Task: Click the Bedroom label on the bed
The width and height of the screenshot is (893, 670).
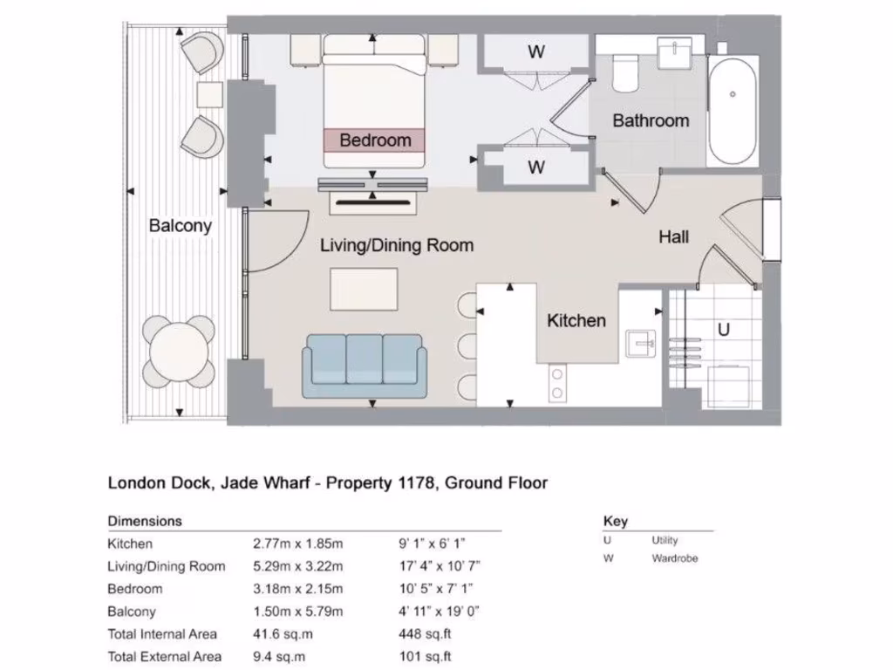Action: (x=375, y=140)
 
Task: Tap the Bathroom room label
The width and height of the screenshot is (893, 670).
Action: (x=651, y=120)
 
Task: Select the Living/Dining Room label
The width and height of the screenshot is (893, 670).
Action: (x=397, y=245)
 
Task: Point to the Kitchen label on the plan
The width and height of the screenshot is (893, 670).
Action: (x=576, y=320)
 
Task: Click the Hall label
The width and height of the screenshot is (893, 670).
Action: (x=673, y=236)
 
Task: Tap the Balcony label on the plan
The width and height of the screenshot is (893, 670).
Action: (x=181, y=225)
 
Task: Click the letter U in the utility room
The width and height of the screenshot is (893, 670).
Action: (x=723, y=331)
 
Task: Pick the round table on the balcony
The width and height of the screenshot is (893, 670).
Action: (x=179, y=352)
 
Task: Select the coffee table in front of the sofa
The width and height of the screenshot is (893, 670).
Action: (x=364, y=289)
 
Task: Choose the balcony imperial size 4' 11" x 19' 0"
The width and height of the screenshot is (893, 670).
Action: (x=437, y=612)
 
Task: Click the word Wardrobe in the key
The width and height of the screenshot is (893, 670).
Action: (x=675, y=558)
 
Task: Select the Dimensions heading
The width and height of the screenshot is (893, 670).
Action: (x=145, y=521)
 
